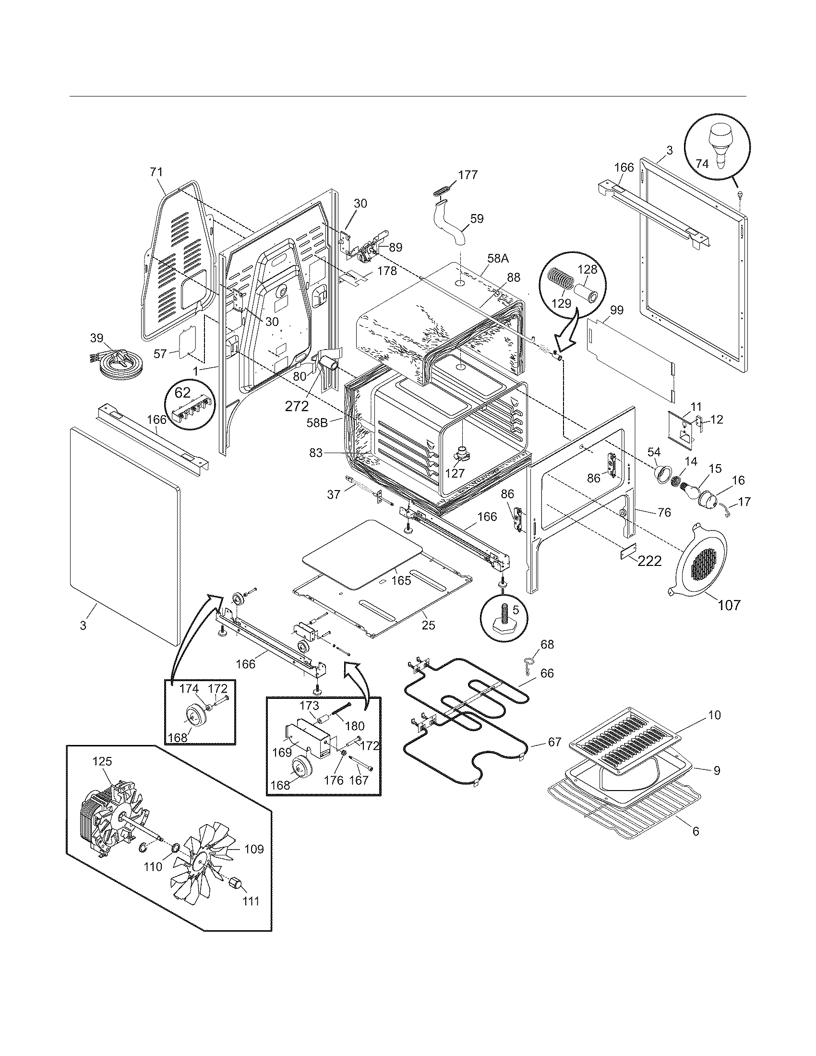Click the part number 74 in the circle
[x=702, y=164]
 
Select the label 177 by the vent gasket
[x=468, y=175]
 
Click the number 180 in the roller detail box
[x=355, y=726]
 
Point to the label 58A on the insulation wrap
[x=498, y=258]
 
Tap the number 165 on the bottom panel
[x=401, y=580]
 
